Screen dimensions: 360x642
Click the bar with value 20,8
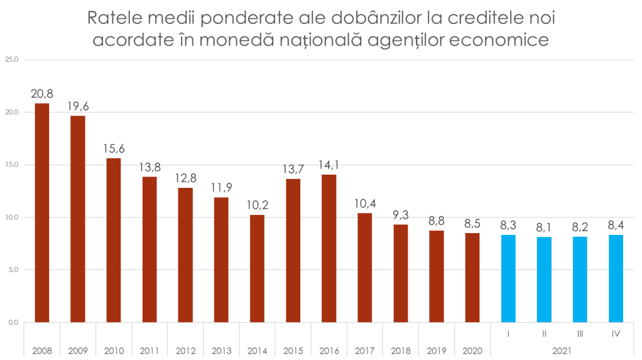42,212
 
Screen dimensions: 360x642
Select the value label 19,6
79,106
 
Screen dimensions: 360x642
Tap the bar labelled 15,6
114,239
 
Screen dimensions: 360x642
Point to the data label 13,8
150,168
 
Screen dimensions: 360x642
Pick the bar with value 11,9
221,259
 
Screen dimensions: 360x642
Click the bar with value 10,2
257,268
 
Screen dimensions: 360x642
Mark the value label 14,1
329,165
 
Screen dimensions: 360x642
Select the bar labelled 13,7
293,249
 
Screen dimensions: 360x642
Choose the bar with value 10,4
365,267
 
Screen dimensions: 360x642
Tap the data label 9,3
401,215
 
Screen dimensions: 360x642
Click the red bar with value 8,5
472,277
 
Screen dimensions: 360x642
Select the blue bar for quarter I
508,278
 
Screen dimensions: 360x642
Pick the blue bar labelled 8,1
544,279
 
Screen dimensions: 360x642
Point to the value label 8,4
616,225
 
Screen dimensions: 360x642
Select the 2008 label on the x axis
42,349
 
